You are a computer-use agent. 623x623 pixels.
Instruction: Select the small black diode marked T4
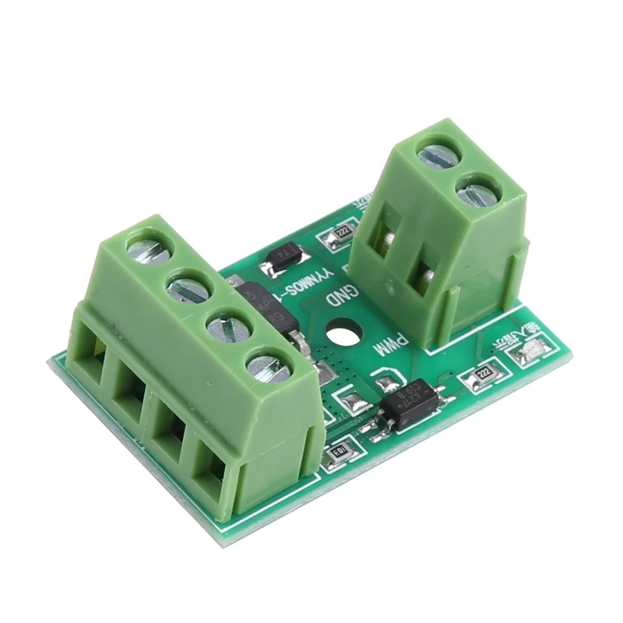(x=282, y=259)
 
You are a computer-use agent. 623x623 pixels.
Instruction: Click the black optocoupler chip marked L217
(x=410, y=403)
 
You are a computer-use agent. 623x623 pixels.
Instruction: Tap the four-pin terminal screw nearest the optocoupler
(x=268, y=366)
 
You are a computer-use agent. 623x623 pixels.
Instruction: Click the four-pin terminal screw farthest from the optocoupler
(x=149, y=250)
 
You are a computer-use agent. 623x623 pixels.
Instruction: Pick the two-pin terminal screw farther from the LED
(x=438, y=156)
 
